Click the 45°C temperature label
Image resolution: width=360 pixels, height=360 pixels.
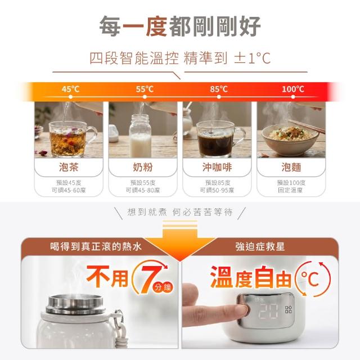(70, 89)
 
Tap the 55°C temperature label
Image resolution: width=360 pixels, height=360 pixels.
(145, 89)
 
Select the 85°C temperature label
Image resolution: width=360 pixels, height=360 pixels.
(219, 89)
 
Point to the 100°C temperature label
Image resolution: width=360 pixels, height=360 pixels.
(293, 89)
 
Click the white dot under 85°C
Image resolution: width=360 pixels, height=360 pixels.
(219, 97)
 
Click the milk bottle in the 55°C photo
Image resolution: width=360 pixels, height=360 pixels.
(140, 136)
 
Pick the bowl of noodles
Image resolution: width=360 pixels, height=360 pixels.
(290, 140)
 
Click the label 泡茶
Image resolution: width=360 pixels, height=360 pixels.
(69, 167)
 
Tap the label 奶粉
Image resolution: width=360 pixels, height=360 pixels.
(143, 167)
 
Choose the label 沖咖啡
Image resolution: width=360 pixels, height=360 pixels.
(217, 167)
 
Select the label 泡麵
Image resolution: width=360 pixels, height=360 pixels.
(291, 167)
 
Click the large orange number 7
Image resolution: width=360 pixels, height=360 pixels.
(149, 279)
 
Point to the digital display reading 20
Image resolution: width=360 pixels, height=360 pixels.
(268, 311)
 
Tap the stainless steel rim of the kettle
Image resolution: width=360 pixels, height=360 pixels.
(75, 304)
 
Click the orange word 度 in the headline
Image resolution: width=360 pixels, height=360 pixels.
(157, 26)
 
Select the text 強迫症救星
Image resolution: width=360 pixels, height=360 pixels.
(260, 247)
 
